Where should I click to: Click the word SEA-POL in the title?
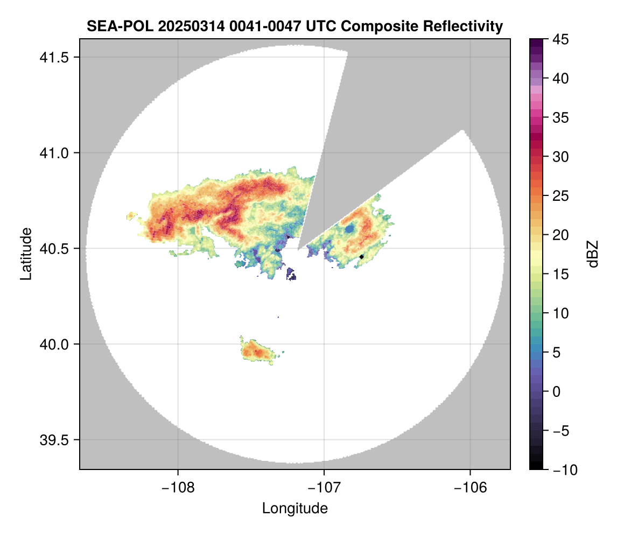[x=115, y=26]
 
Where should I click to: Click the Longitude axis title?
[x=295, y=508]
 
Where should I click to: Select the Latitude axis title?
[x=26, y=254]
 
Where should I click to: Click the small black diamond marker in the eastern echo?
[x=362, y=257]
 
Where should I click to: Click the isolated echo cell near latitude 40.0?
[x=257, y=352]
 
